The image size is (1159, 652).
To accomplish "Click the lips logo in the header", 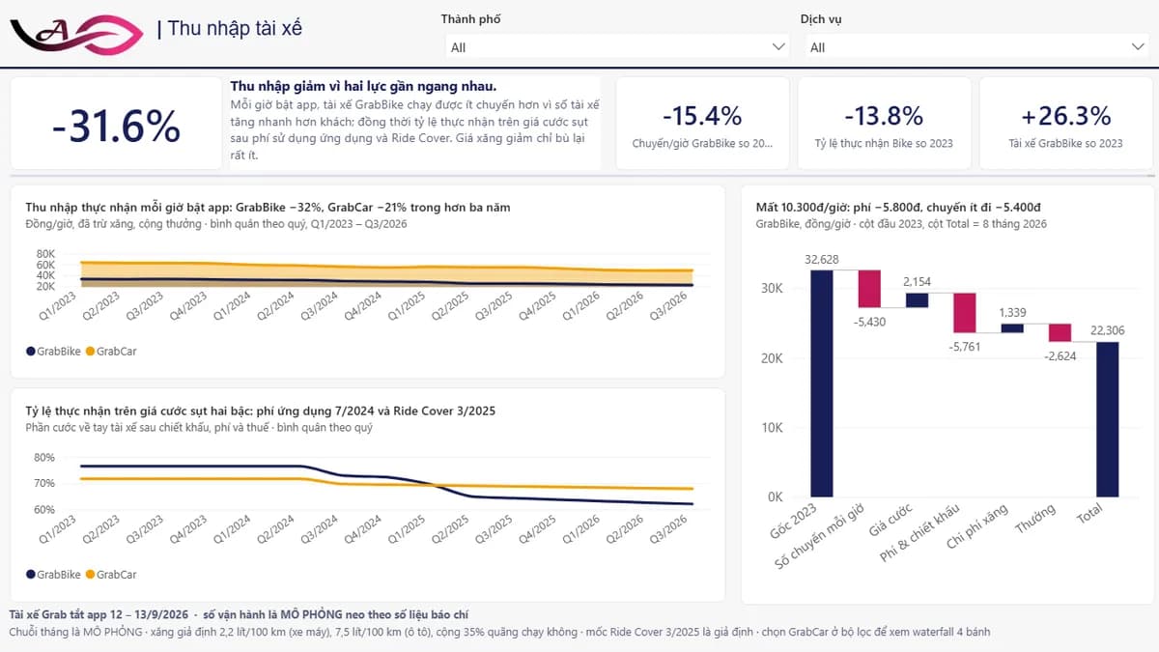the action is pyautogui.click(x=76, y=34).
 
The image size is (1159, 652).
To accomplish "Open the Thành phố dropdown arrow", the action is pyautogui.click(x=778, y=47).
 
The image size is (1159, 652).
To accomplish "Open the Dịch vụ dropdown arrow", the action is pyautogui.click(x=1138, y=47).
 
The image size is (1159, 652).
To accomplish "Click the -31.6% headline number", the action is pyautogui.click(x=117, y=126).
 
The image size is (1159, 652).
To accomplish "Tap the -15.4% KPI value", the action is pyautogui.click(x=702, y=116).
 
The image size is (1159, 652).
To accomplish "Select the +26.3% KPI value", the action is pyautogui.click(x=1066, y=116).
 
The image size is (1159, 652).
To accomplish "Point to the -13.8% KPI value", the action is pyautogui.click(x=884, y=116).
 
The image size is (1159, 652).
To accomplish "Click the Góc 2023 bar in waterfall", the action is pyautogui.click(x=822, y=383).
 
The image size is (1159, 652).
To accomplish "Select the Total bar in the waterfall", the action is pyautogui.click(x=1107, y=419).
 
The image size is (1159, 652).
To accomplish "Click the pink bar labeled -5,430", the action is pyautogui.click(x=869, y=289).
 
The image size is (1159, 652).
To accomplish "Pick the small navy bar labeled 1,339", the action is pyautogui.click(x=1012, y=328).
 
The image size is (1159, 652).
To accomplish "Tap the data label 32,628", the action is pyautogui.click(x=822, y=259).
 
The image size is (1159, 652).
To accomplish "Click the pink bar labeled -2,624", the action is pyautogui.click(x=1060, y=332).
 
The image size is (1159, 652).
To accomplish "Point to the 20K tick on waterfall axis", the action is pyautogui.click(x=772, y=358).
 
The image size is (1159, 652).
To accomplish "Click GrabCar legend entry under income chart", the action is pyautogui.click(x=111, y=352).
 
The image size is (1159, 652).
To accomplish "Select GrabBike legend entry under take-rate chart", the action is pyautogui.click(x=53, y=575).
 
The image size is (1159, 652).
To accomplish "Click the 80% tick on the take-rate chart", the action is pyautogui.click(x=44, y=458).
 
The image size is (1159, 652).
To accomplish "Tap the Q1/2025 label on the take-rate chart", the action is pyautogui.click(x=407, y=529).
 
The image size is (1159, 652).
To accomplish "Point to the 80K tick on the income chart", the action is pyautogui.click(x=45, y=253).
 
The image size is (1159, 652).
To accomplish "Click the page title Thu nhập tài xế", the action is pyautogui.click(x=235, y=28).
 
